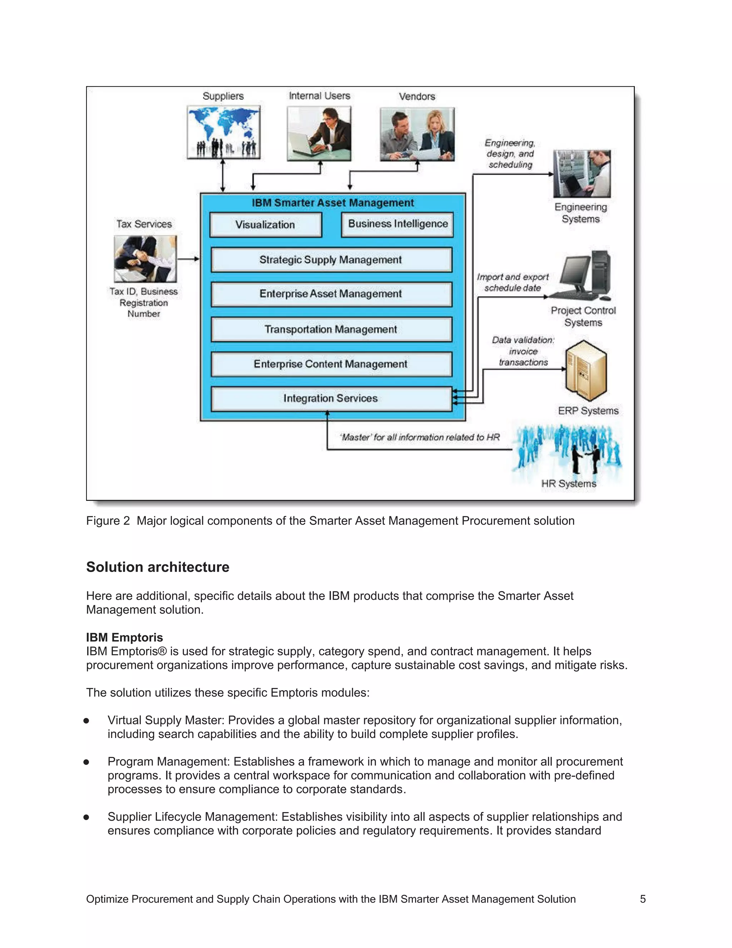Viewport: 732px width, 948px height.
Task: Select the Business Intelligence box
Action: pos(397,224)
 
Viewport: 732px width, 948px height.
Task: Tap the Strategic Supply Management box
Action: pos(331,260)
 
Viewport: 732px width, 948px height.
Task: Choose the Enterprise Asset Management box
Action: pos(331,294)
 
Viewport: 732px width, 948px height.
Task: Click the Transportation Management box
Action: pos(331,329)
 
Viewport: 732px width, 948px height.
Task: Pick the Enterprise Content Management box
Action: pos(331,364)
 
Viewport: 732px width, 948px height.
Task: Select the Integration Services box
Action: pos(331,398)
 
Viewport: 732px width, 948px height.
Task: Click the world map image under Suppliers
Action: pos(223,132)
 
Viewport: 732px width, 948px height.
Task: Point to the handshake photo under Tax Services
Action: pos(145,259)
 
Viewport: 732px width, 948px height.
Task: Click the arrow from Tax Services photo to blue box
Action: pos(188,259)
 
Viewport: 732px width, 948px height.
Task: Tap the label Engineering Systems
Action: pos(581,213)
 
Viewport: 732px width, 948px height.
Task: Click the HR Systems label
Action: pos(569,484)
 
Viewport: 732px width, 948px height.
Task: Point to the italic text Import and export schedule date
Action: pos(513,282)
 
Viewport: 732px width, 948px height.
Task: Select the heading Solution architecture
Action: pos(157,567)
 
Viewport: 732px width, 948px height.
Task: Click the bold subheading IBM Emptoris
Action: pos(124,637)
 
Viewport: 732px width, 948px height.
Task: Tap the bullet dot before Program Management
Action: pos(86,762)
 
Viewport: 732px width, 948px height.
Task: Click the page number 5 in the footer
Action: pos(643,899)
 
